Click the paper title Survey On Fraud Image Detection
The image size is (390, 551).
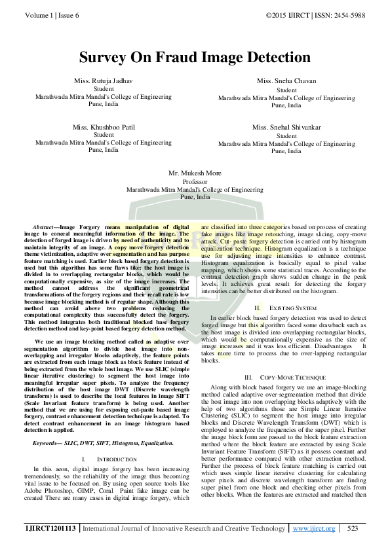click(x=195, y=57)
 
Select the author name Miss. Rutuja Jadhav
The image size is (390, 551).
click(x=104, y=80)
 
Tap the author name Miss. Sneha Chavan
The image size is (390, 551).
click(x=286, y=81)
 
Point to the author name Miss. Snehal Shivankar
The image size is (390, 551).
click(x=286, y=127)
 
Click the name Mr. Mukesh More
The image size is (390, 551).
click(x=195, y=173)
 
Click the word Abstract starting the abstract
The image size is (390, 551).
click(x=45, y=226)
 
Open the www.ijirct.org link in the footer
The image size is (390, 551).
click(x=314, y=528)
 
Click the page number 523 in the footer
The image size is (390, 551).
click(x=352, y=528)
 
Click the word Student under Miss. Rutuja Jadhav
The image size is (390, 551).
click(x=104, y=89)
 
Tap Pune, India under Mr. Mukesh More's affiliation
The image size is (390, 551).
click(x=195, y=196)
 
